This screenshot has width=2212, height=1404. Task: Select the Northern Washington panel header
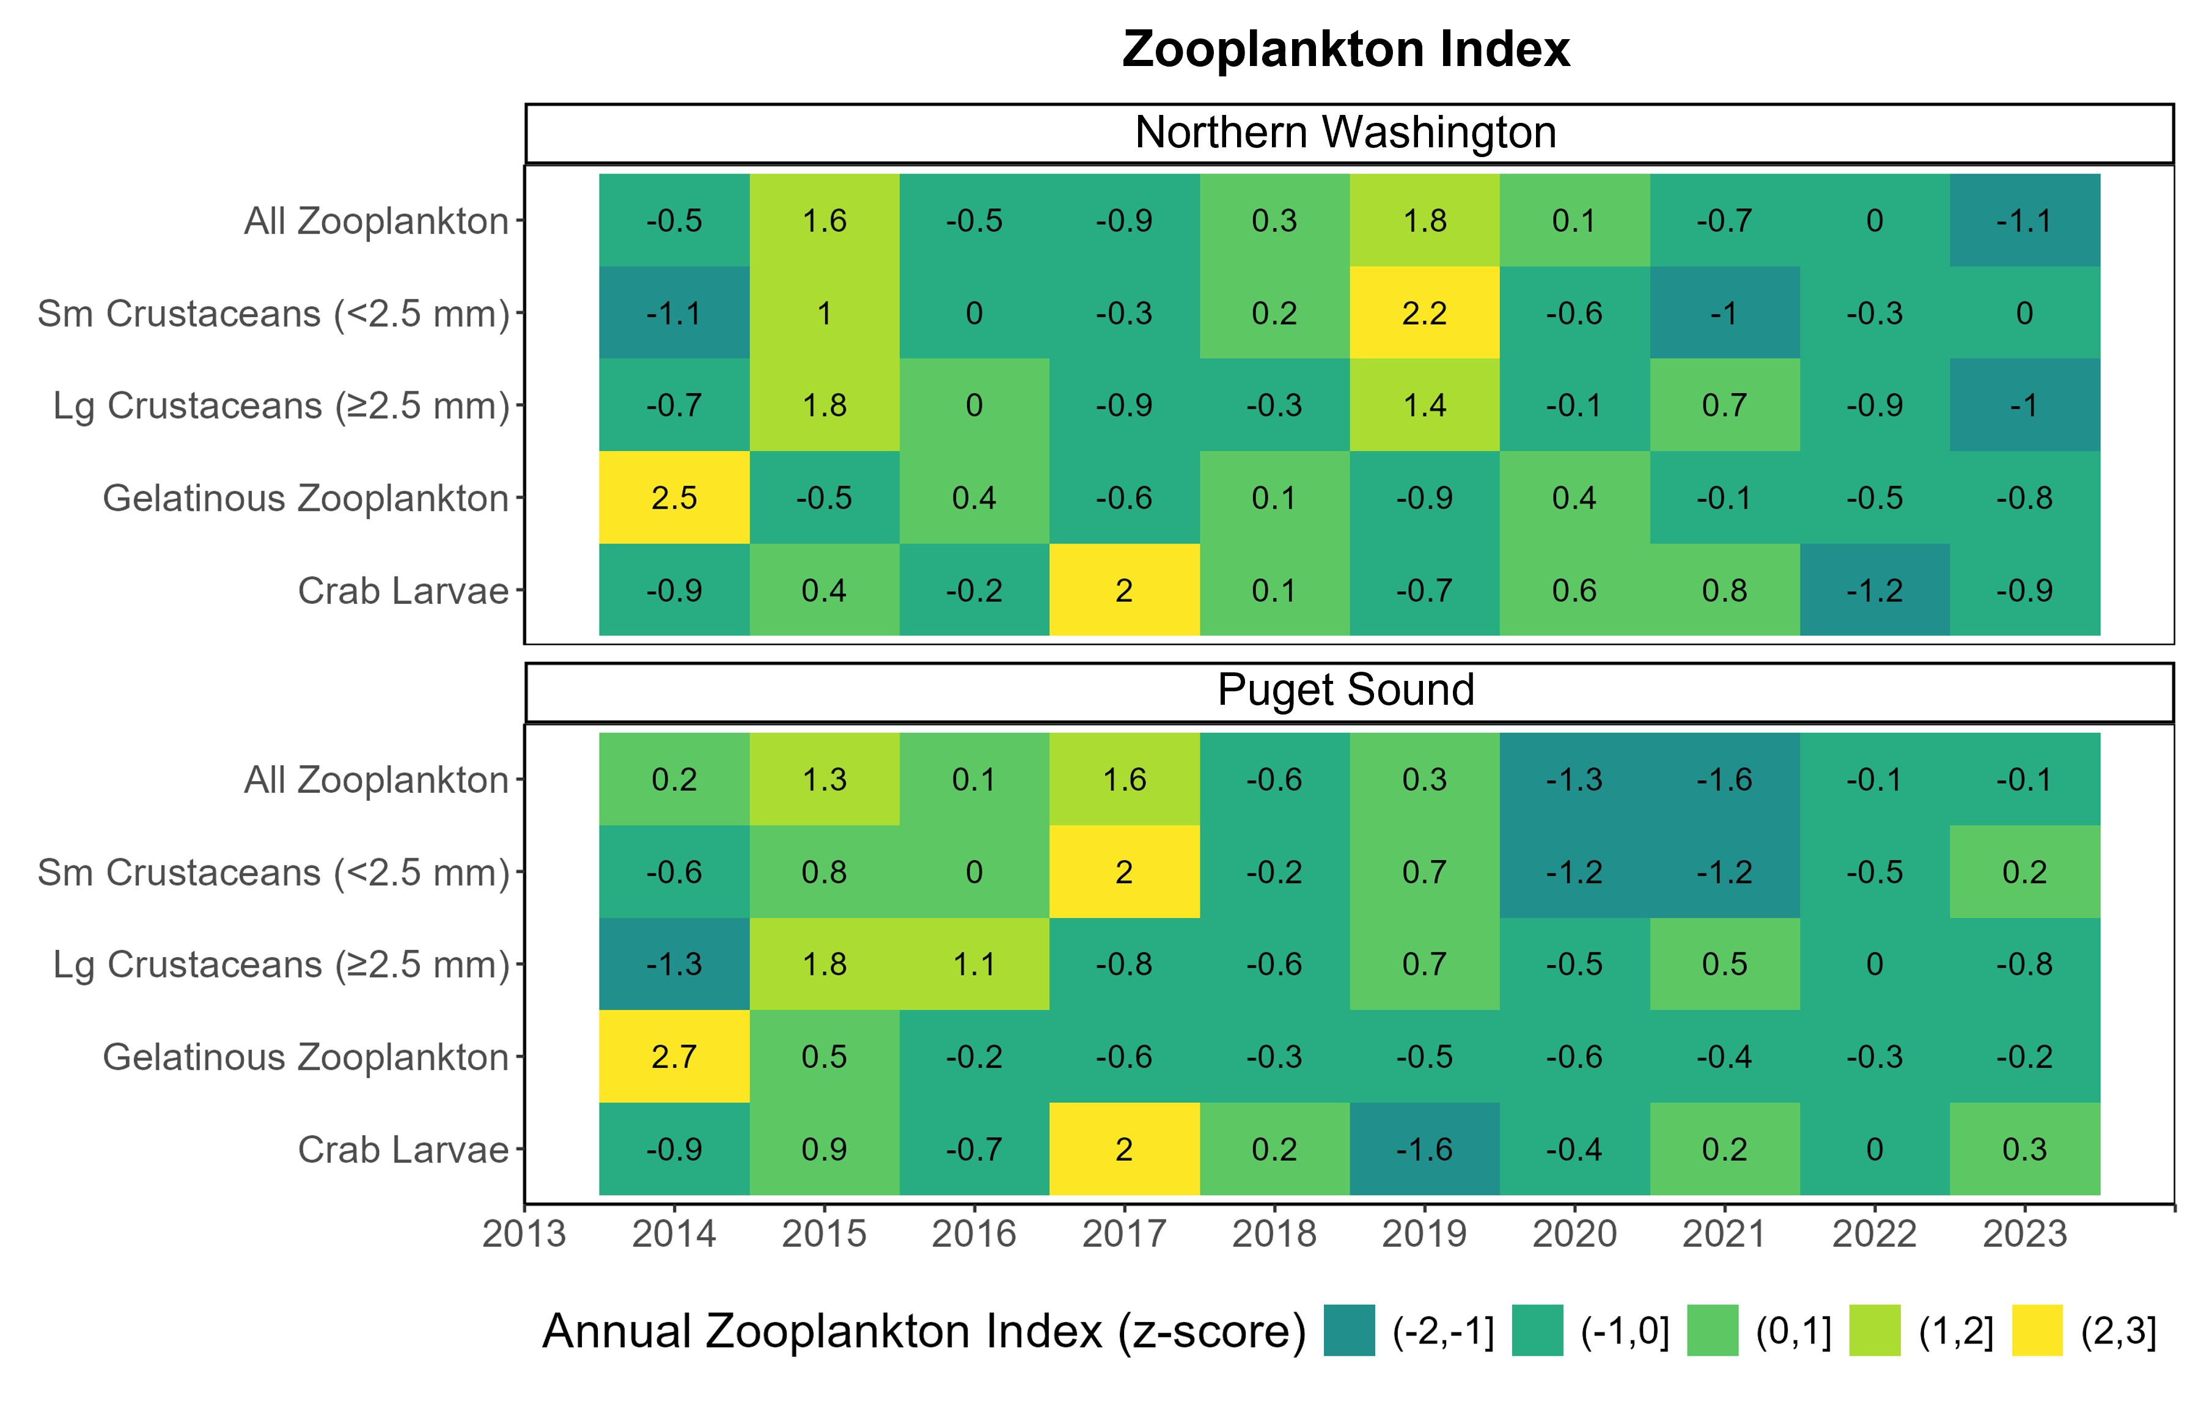tap(1346, 133)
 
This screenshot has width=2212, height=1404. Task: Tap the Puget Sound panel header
tap(1346, 691)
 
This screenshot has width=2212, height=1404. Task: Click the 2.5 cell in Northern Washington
tap(674, 498)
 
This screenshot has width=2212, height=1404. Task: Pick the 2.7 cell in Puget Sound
tap(674, 1057)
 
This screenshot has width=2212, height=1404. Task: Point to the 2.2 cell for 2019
tap(1425, 314)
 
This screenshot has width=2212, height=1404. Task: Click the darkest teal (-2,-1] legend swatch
tap(1350, 1331)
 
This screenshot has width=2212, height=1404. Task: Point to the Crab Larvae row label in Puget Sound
tap(403, 1150)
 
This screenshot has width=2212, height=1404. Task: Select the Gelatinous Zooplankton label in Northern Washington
tap(305, 498)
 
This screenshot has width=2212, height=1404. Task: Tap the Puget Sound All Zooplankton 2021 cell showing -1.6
tap(1724, 779)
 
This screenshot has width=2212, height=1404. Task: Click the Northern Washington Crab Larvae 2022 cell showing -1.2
tap(1875, 590)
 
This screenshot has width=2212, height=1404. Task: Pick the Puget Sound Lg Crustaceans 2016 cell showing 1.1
tap(975, 964)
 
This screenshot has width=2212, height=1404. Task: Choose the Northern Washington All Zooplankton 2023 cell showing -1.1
tap(2024, 221)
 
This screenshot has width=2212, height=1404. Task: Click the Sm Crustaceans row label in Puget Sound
tap(273, 872)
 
